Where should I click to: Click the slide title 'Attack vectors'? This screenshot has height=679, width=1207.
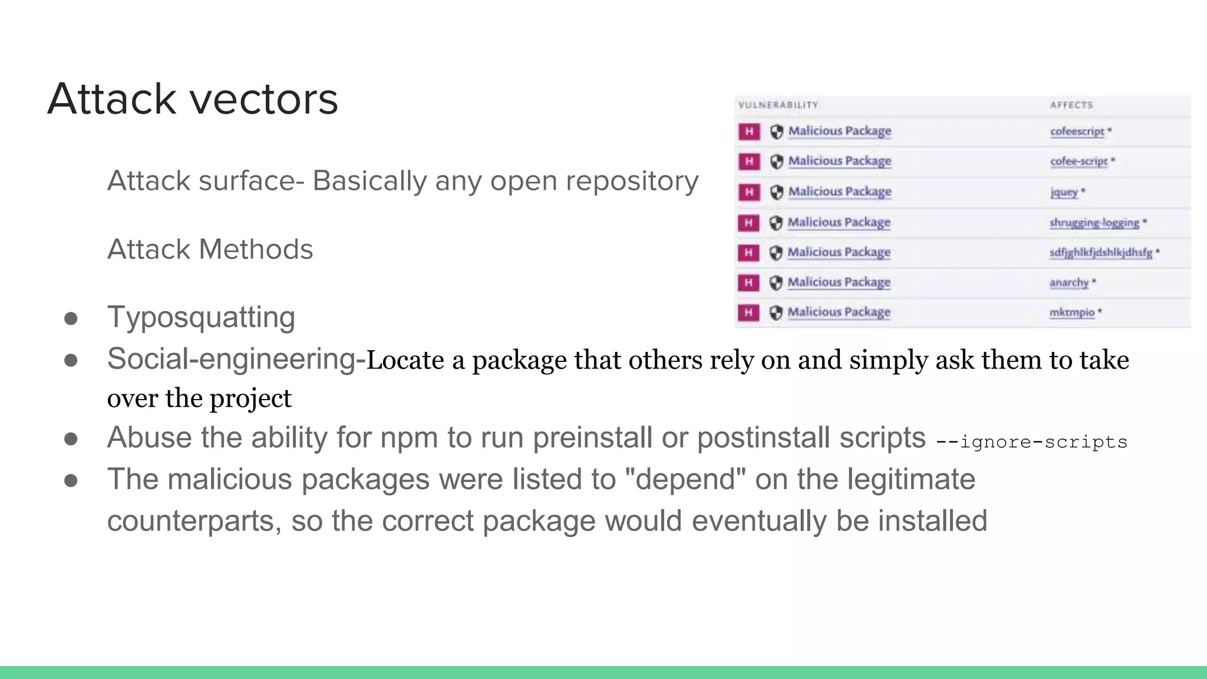coord(193,98)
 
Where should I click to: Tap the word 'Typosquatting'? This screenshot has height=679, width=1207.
coord(201,317)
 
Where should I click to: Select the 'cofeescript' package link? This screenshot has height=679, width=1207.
coord(1077,131)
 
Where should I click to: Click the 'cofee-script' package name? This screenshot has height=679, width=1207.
coord(1079,161)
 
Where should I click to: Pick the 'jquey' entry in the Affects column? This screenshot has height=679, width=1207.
coord(1064,192)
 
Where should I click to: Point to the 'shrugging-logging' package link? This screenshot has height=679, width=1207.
coord(1094,223)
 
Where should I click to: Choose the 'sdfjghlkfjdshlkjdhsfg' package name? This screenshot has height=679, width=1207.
coord(1100,253)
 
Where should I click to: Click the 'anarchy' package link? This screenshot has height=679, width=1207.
coord(1069,283)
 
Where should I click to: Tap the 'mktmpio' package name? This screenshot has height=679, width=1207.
coord(1071,312)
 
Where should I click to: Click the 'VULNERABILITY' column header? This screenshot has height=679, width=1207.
coord(778,105)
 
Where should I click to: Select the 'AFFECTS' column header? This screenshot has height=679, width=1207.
coord(1071,105)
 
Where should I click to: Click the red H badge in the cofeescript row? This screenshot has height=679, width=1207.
coord(749,131)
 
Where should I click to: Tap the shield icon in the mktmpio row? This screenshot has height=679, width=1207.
coord(776,312)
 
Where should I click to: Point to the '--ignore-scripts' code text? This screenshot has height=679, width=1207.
coord(1031,441)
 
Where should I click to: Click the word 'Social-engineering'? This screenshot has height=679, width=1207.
coord(231,359)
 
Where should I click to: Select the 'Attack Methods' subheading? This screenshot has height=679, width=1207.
coord(210,249)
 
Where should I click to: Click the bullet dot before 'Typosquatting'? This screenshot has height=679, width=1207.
coord(71,319)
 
